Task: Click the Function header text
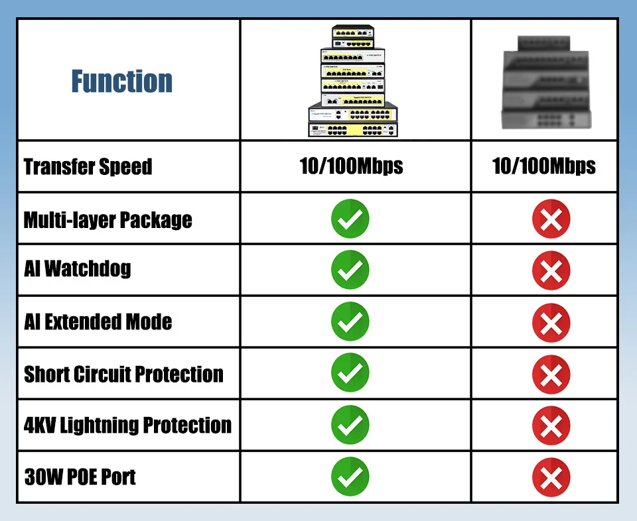tap(122, 81)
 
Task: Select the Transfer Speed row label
tap(88, 166)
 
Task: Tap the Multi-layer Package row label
tap(107, 219)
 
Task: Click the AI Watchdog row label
tap(77, 269)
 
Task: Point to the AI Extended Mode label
tap(98, 322)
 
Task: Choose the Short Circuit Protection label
tap(123, 374)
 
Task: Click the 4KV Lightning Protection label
tap(127, 425)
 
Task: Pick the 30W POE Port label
tap(80, 477)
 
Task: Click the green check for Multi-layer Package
tap(350, 219)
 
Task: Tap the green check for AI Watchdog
tap(350, 270)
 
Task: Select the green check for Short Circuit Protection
tap(350, 373)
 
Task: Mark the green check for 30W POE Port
tap(350, 477)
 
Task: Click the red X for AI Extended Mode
tap(551, 322)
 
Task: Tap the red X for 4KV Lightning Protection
tap(551, 426)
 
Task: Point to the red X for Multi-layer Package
tap(551, 219)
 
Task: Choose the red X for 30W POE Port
tap(551, 477)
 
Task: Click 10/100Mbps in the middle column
tap(351, 166)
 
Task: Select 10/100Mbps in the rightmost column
tap(543, 166)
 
